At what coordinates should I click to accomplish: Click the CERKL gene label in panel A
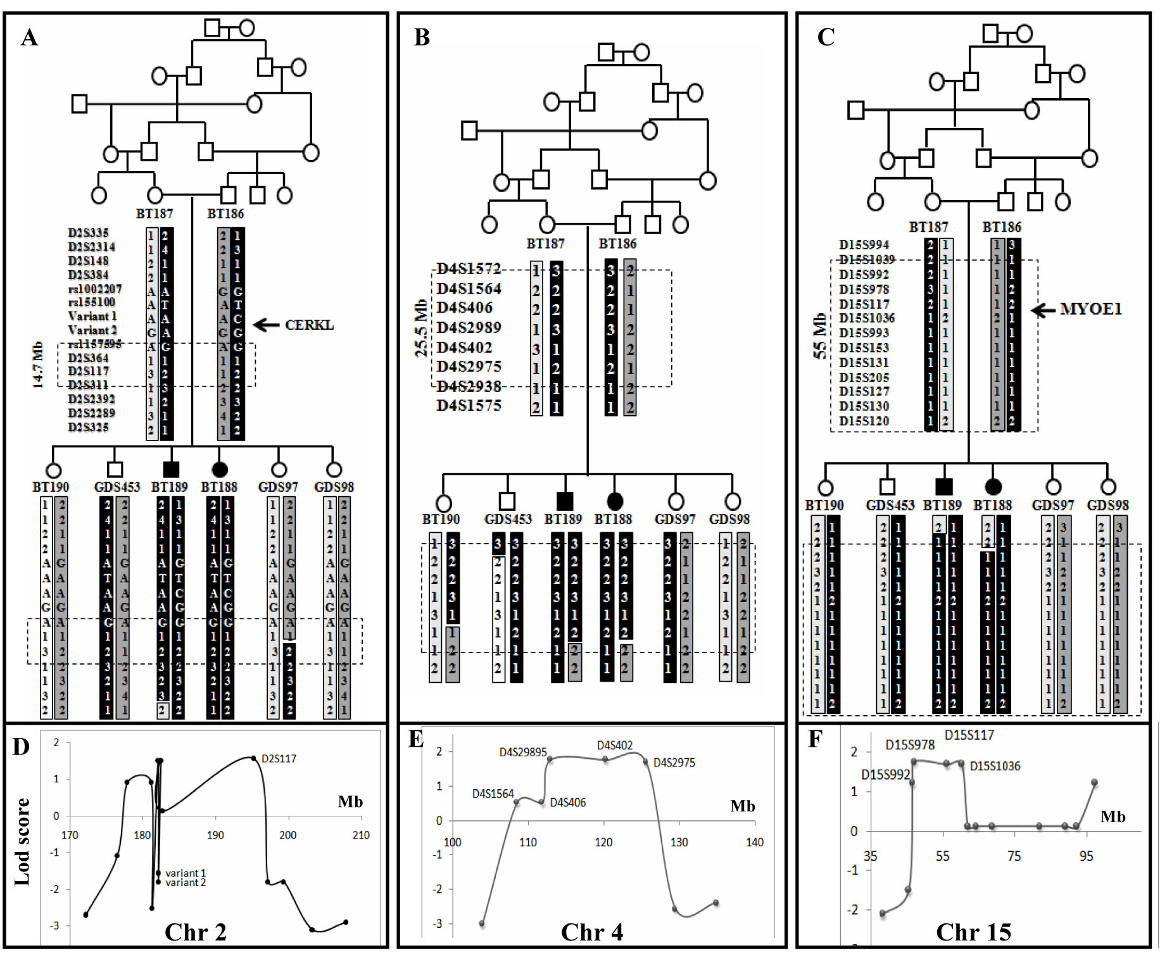[x=309, y=325]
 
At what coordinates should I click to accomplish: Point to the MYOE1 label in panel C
[x=1090, y=309]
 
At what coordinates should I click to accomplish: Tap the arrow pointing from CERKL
[x=267, y=325]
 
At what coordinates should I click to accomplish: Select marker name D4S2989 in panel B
[x=469, y=327]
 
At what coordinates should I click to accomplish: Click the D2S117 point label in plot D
[x=279, y=758]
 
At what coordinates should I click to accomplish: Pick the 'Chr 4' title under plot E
[x=591, y=932]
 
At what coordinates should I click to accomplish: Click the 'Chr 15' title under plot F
[x=973, y=932]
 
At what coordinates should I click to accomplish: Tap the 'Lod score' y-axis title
[x=22, y=841]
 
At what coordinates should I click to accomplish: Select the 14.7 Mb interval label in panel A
[x=38, y=365]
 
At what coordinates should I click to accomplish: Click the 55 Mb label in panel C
[x=820, y=335]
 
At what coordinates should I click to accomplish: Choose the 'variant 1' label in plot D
[x=186, y=873]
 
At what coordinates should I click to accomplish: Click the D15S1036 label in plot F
[x=995, y=766]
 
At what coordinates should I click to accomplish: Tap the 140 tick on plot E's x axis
[x=755, y=842]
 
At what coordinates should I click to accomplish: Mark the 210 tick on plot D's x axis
[x=361, y=835]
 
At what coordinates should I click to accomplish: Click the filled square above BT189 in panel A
[x=171, y=470]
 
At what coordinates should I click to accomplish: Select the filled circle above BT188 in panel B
[x=615, y=501]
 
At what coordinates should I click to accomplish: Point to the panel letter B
[x=422, y=37]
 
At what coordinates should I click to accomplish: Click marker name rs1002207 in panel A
[x=95, y=289]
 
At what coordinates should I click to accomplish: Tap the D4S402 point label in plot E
[x=614, y=746]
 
